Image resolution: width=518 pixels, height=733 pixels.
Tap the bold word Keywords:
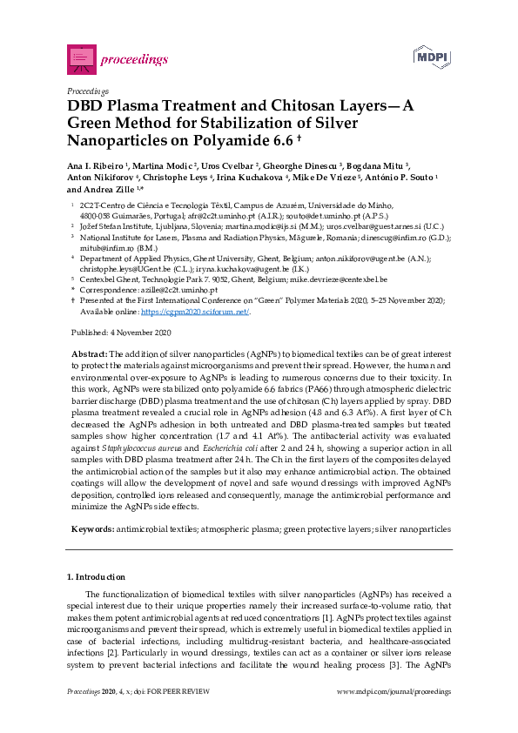tap(91, 528)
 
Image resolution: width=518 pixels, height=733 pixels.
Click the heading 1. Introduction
tap(96, 577)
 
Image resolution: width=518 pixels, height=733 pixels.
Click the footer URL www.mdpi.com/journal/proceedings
tap(394, 690)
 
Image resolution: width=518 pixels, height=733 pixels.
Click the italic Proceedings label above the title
tap(87, 91)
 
